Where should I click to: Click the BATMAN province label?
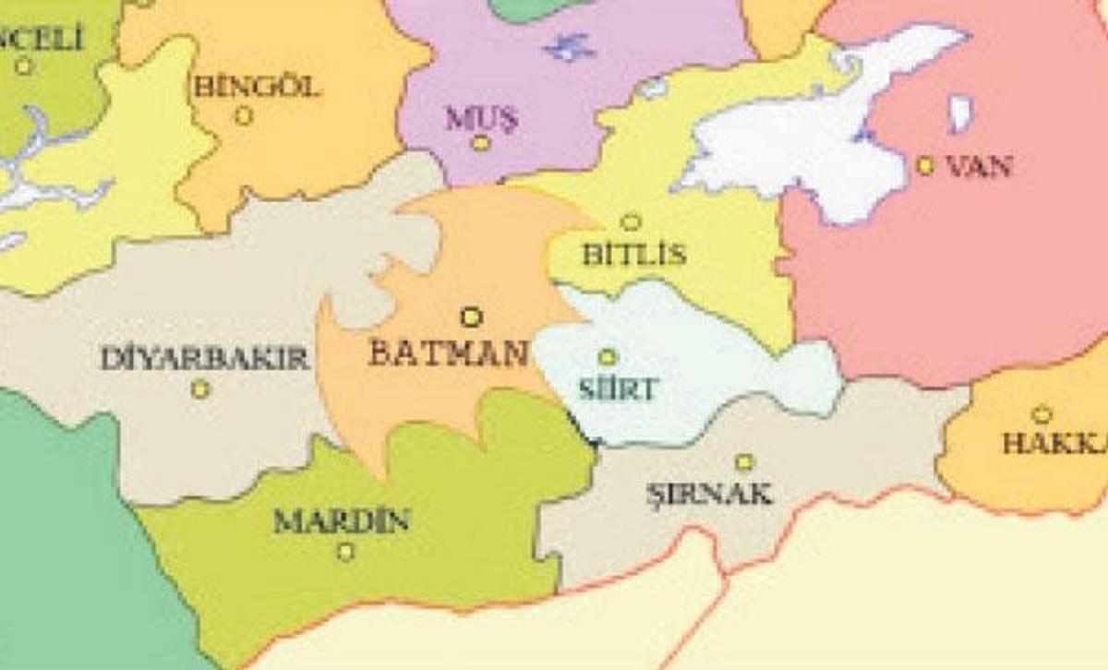coord(449,353)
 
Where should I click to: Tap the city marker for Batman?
coord(471,317)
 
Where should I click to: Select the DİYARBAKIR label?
coord(204,358)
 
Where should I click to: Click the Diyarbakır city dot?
coord(200,389)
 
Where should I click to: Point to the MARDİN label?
coord(342,521)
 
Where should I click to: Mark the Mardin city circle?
coord(345,552)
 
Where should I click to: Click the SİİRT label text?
coord(618,389)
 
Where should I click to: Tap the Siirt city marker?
coord(608,357)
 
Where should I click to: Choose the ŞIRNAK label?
coord(709,494)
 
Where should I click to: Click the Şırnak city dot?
coord(745,461)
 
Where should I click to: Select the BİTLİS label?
coord(633,254)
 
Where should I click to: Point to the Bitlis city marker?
coord(631,221)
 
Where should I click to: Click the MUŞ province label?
coord(482,117)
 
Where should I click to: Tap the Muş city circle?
coord(480,142)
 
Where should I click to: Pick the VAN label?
coord(981,167)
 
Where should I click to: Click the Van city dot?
coord(925,165)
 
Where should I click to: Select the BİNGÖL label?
coord(258,87)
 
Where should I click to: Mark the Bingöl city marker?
coord(244,116)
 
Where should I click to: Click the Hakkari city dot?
coord(1042,414)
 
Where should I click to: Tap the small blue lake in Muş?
coord(569,46)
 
